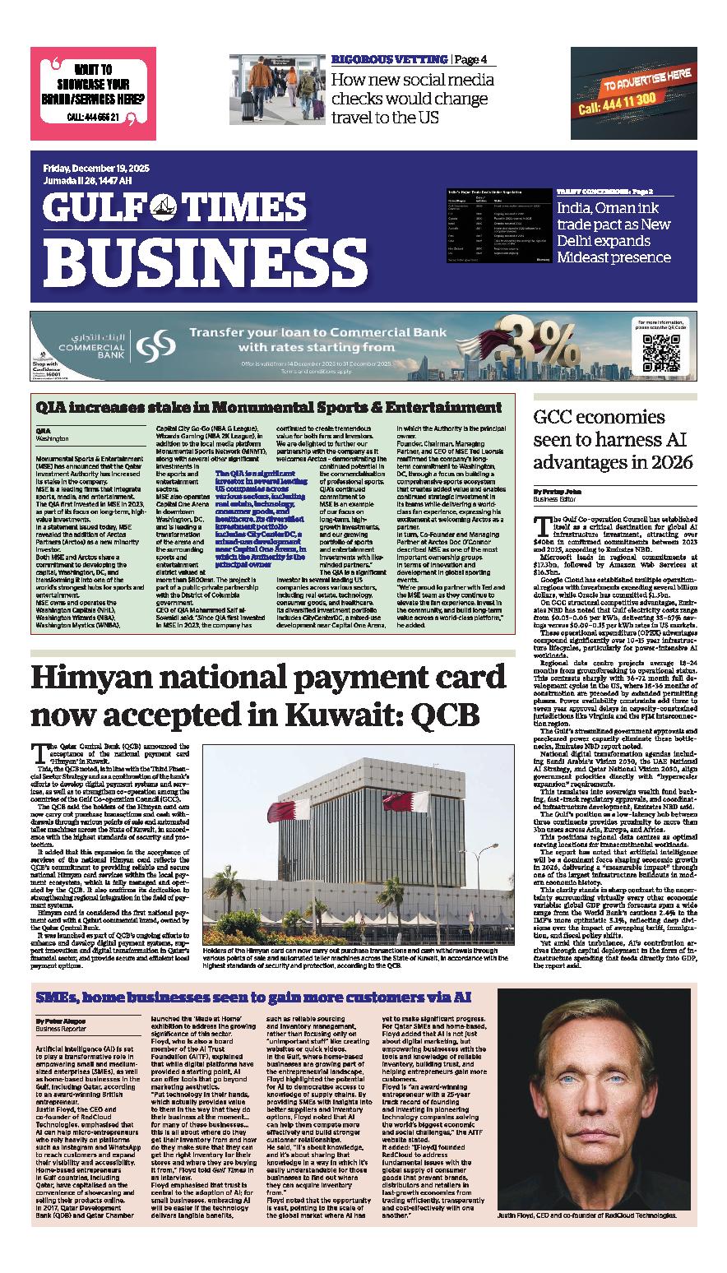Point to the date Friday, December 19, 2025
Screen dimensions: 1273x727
97,169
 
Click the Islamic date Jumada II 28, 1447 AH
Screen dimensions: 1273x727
87,181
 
